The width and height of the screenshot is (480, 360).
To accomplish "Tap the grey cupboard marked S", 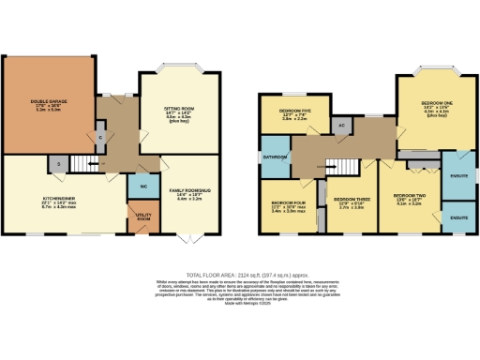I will (x=58, y=165).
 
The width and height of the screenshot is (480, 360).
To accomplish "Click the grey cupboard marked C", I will (x=100, y=137).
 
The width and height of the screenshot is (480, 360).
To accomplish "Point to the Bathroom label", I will (x=274, y=157).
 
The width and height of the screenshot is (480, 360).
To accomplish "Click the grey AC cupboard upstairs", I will (x=342, y=124).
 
